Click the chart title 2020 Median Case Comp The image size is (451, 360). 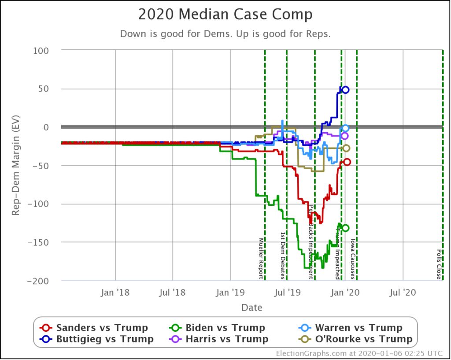pos(225,15)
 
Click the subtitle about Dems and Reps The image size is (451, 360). pos(225,34)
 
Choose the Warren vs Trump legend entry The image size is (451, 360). pos(351,328)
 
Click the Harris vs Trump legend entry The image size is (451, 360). pos(221,339)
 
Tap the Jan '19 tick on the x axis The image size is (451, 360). pos(230,292)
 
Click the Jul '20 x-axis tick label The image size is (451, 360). pos(403,292)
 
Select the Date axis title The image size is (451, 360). pos(251,307)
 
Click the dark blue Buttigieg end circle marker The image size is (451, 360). pos(345,89)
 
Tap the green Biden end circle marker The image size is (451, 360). pos(345,228)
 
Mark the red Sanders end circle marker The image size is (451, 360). pos(347,162)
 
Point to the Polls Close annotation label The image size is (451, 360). pos(439,265)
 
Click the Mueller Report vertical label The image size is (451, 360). pos(261,258)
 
